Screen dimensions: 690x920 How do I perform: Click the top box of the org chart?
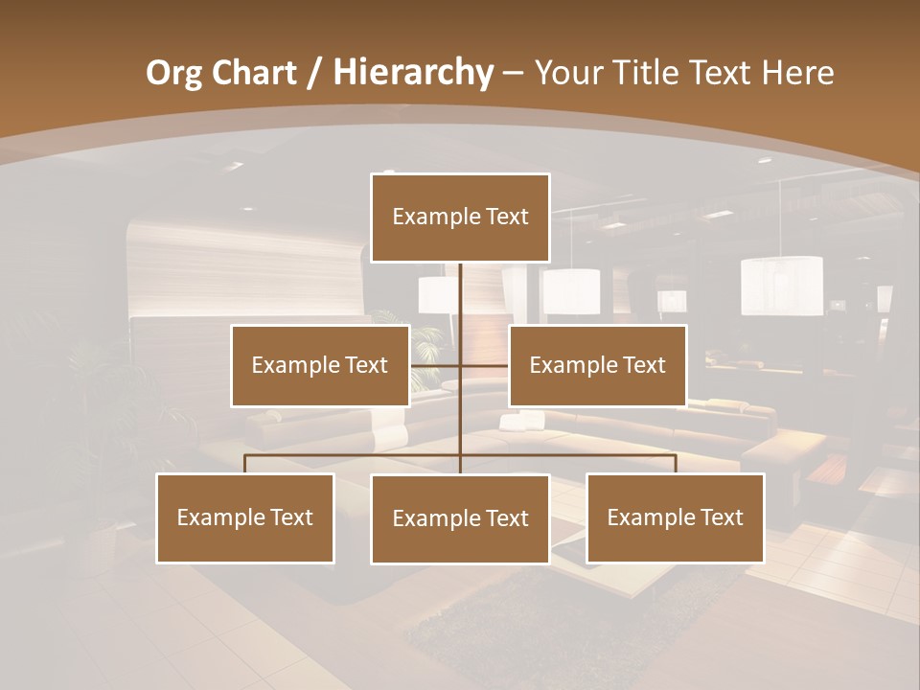coord(460,218)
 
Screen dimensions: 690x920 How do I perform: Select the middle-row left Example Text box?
coord(320,365)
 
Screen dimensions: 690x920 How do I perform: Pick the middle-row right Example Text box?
coord(597,365)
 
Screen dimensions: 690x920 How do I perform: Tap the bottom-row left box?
coord(245,517)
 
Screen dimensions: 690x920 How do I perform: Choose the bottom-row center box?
coord(460,518)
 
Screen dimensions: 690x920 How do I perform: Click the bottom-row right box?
coord(675,517)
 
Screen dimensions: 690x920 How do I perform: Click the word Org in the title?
coord(174,72)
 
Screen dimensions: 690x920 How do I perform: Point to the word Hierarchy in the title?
coord(412,73)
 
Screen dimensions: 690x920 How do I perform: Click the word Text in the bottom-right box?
coord(721,517)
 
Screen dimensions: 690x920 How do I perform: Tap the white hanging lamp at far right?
coord(781,285)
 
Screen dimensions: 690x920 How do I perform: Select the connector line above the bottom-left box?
coord(245,464)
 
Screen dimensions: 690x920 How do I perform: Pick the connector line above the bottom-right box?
coord(675,464)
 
